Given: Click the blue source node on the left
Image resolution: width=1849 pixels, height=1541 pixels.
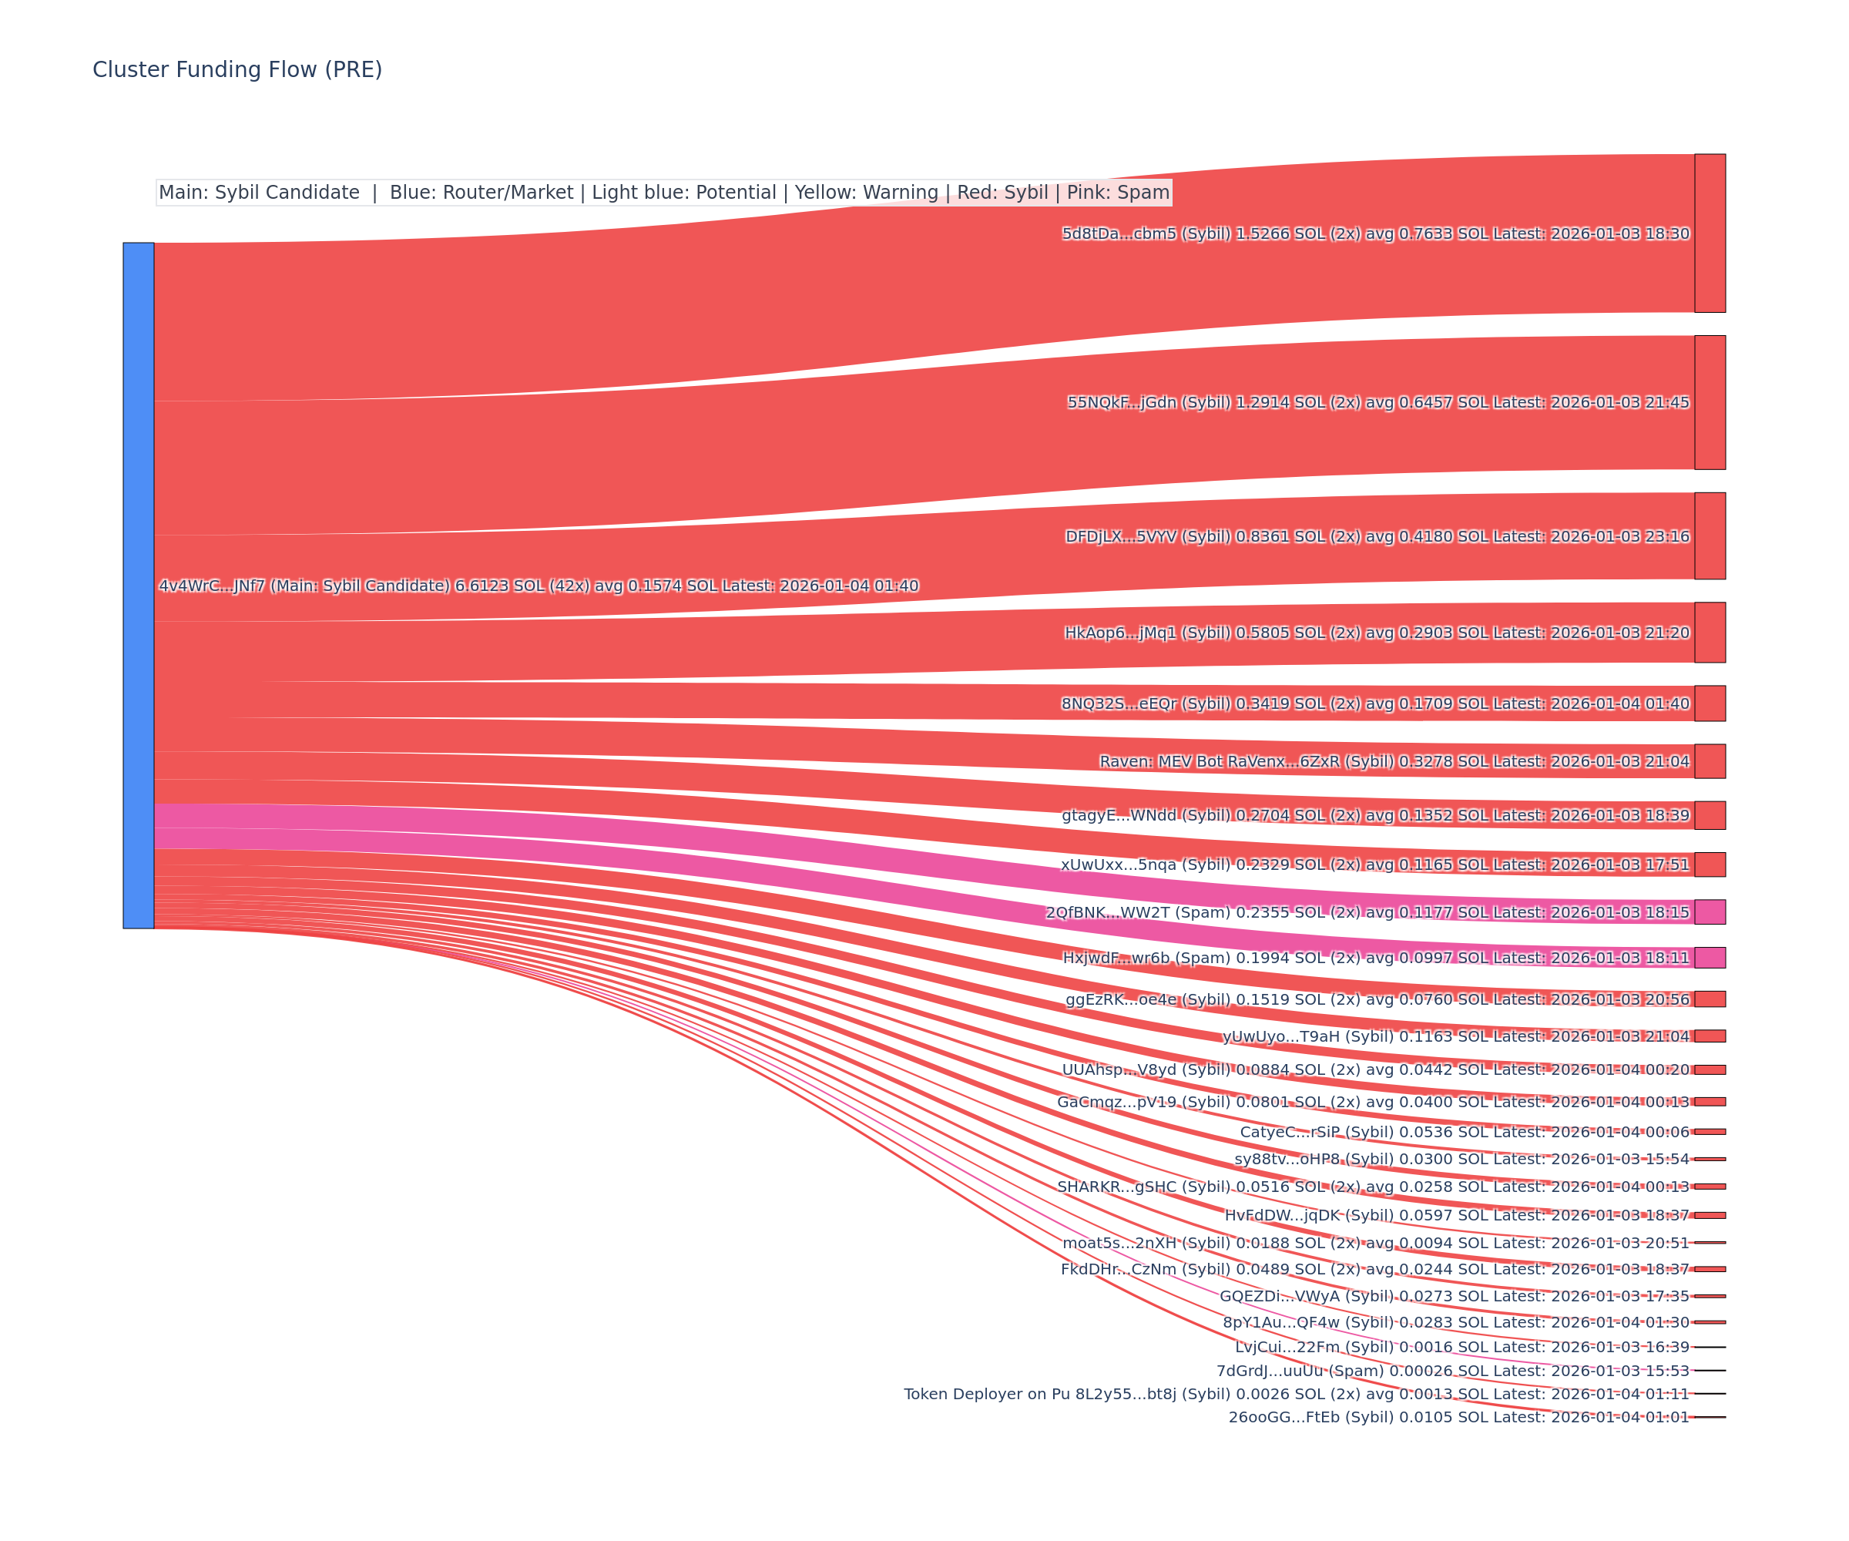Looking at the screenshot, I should tap(138, 585).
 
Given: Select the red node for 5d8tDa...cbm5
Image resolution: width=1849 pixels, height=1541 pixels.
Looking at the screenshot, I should tap(1710, 233).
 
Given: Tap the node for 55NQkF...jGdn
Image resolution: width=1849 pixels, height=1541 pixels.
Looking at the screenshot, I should tap(1710, 402).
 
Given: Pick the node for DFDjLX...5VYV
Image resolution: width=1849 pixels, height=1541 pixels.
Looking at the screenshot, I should tap(1710, 536).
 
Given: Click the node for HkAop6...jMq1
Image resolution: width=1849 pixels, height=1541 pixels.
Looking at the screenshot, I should tap(1710, 633).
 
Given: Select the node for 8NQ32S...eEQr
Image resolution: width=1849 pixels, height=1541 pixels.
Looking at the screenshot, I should tap(1710, 703).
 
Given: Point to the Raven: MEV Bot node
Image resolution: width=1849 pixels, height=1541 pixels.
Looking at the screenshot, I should tap(1710, 760).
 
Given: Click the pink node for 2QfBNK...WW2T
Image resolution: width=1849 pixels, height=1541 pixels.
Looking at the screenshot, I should tap(1710, 912).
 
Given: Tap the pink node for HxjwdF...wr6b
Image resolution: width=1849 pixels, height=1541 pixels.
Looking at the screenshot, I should tap(1710, 958).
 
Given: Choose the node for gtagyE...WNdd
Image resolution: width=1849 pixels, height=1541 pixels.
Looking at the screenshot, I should tap(1710, 815).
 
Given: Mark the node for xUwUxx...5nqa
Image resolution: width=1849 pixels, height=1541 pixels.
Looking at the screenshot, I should tap(1710, 865).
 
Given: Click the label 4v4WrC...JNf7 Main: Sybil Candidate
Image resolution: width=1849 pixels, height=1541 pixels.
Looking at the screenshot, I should tap(538, 586).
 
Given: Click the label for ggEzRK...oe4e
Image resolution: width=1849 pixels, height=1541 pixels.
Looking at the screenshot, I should tap(1377, 999).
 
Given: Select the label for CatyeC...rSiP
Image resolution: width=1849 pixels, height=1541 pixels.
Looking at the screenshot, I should tap(1465, 1133).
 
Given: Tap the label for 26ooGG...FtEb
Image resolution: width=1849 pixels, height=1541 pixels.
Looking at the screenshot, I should tap(1459, 1417).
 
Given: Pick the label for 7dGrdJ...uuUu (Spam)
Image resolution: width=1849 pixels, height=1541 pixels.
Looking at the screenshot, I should tap(1453, 1371).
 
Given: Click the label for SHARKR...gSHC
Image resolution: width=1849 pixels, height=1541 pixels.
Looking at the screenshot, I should tap(1373, 1187).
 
